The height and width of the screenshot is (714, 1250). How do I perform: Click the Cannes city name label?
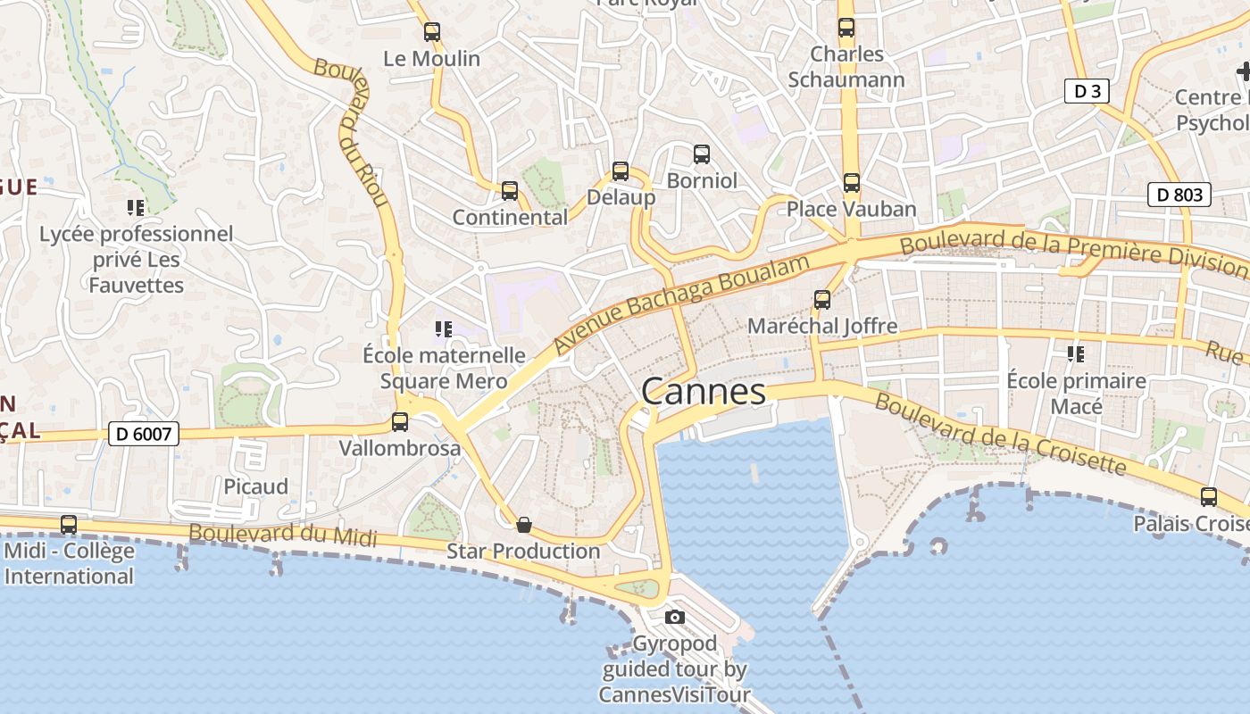pyautogui.click(x=704, y=392)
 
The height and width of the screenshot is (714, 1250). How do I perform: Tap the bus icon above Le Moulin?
pyautogui.click(x=432, y=32)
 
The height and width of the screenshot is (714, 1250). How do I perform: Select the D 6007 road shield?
pyautogui.click(x=144, y=435)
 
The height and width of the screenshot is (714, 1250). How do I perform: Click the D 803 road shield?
pyautogui.click(x=1179, y=195)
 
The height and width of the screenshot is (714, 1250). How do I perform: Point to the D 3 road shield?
pyautogui.click(x=1087, y=90)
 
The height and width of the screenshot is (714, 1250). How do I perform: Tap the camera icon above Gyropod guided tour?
pyautogui.click(x=675, y=617)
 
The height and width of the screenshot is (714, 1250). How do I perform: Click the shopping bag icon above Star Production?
pyautogui.click(x=524, y=525)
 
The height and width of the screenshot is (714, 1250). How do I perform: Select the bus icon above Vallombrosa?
pyautogui.click(x=400, y=421)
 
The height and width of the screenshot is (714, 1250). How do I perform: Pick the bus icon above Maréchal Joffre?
pyautogui.click(x=822, y=300)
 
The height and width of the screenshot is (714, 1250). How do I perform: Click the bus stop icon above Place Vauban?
pyautogui.click(x=852, y=183)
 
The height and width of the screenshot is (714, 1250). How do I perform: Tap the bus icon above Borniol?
pyautogui.click(x=702, y=154)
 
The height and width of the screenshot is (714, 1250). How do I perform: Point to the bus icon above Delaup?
pyautogui.click(x=621, y=171)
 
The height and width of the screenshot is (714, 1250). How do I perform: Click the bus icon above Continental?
pyautogui.click(x=510, y=190)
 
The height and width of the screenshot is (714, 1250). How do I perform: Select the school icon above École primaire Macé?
pyautogui.click(x=1076, y=354)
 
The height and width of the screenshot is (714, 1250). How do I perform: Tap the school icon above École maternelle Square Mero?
pyautogui.click(x=444, y=329)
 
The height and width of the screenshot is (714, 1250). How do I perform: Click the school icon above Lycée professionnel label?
pyautogui.click(x=136, y=208)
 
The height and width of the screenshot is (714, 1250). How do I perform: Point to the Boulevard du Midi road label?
pyautogui.click(x=282, y=535)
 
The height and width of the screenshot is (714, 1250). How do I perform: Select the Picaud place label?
pyautogui.click(x=256, y=486)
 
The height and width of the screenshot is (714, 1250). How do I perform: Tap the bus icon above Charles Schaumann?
pyautogui.click(x=846, y=28)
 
